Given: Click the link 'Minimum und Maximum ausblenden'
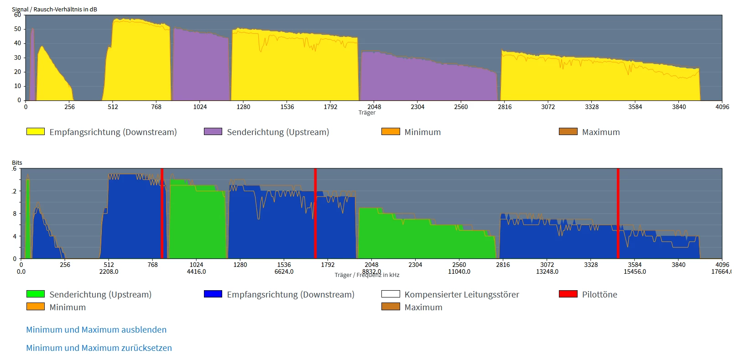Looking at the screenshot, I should click(96, 329).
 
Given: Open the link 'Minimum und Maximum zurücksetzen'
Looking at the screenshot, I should click(99, 348).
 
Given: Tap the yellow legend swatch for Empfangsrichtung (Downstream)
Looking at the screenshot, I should click(36, 131).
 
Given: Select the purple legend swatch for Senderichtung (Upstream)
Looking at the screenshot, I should click(213, 131).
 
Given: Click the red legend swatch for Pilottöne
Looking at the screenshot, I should click(568, 294).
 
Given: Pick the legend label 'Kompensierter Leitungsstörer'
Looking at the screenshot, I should click(462, 294).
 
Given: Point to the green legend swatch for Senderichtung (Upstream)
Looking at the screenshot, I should click(36, 294).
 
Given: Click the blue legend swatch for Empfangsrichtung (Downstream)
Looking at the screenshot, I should click(213, 294).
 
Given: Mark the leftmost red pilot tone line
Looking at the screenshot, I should click(162, 214).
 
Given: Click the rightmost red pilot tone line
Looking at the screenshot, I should click(618, 214).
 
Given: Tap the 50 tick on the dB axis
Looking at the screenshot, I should click(18, 29).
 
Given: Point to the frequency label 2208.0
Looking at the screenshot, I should click(109, 271).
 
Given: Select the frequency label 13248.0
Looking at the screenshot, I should click(547, 271).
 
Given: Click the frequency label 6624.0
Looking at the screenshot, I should click(284, 271).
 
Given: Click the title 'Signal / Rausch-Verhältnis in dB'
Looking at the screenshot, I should click(54, 9).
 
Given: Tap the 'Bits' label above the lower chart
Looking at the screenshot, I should click(17, 162).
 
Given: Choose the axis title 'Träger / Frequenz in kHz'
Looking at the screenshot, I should click(367, 275).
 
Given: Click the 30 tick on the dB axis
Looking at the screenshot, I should click(18, 57).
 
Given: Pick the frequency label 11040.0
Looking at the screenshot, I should click(459, 271).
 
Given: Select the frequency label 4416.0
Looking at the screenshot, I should click(196, 271).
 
